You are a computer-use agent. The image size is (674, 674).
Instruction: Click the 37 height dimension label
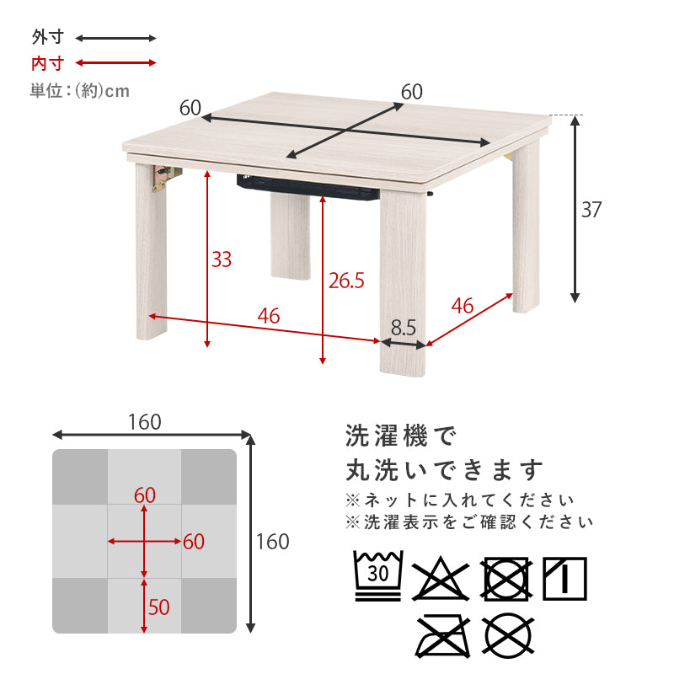[x=591, y=210]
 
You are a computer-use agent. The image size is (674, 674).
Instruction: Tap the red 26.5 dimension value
[x=346, y=281]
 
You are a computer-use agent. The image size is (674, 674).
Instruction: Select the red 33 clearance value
[x=222, y=259]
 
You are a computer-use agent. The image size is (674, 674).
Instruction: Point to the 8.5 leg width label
[x=404, y=328]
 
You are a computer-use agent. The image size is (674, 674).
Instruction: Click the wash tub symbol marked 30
[x=377, y=575]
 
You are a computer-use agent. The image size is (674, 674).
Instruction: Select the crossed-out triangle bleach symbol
[x=440, y=579]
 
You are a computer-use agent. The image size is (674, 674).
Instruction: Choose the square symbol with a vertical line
[x=564, y=579]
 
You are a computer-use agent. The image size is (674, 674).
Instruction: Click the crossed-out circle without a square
[x=509, y=636]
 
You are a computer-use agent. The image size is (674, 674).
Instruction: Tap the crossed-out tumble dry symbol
[x=506, y=579]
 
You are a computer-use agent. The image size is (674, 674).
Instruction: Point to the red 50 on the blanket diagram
[x=158, y=607]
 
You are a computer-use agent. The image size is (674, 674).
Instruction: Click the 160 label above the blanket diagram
[x=145, y=422]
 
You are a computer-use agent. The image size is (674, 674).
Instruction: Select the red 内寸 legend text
[x=48, y=64]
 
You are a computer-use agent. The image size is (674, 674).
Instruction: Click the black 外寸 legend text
[x=48, y=37]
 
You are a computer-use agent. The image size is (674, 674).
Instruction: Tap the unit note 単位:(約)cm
[x=79, y=91]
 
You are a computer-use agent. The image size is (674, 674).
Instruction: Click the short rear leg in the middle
[x=291, y=236]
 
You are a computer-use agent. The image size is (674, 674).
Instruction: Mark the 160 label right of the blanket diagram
[x=272, y=542]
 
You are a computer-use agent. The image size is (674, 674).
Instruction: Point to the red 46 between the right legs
[x=462, y=306]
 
